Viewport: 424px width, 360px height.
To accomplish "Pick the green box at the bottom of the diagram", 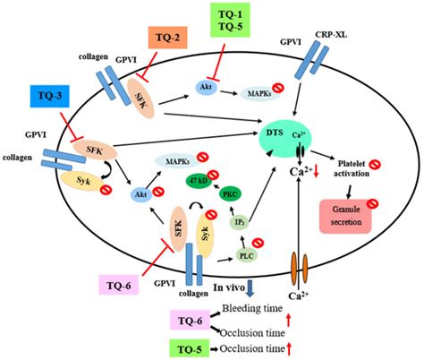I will click(192, 347).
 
